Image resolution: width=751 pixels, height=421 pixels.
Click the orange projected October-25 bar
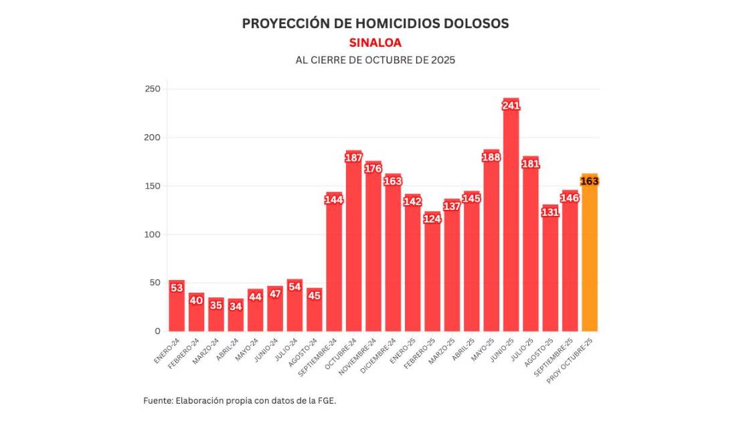590,254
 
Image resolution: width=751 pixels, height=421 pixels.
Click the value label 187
353,158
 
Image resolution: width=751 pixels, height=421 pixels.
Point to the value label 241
511,105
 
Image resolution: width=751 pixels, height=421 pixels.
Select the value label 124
432,219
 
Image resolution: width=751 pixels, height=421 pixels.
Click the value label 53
177,288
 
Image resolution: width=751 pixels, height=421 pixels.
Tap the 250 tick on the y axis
153,89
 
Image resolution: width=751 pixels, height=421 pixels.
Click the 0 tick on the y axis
157,331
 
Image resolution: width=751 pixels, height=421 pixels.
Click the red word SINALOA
375,43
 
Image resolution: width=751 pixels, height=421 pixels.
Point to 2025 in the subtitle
442,59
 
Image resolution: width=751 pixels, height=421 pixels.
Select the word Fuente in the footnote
157,400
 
